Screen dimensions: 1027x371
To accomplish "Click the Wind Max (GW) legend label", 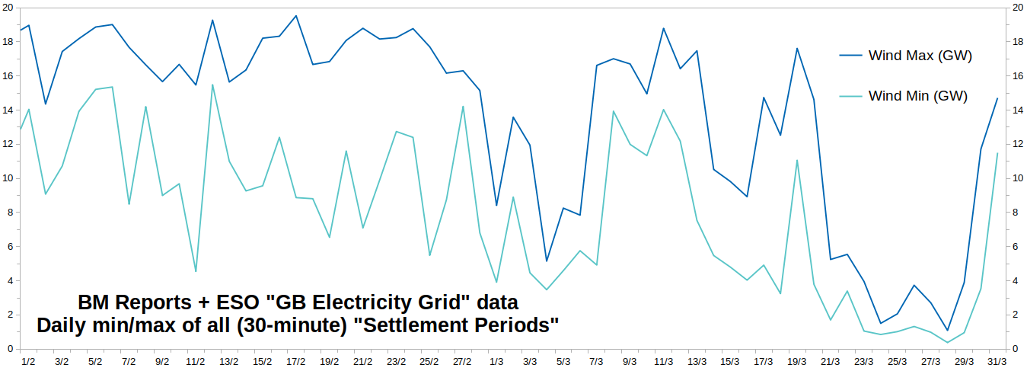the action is [920, 56].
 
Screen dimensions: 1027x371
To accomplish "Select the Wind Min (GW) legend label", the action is [918, 96].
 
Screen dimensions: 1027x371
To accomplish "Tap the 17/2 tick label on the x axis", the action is [295, 362].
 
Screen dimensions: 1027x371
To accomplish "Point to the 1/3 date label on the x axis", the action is [496, 362].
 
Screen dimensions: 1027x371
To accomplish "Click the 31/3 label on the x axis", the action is [997, 362].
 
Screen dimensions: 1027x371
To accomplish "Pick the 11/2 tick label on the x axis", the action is [196, 362].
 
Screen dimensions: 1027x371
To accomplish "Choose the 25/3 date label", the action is [897, 362].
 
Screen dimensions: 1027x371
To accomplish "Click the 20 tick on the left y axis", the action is [8, 8].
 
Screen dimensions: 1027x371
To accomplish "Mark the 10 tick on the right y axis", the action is [1017, 178].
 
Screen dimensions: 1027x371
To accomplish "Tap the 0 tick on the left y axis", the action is [11, 349].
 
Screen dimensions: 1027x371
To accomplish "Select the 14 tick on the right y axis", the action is [1017, 110].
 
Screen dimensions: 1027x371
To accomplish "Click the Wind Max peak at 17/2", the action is [295, 16].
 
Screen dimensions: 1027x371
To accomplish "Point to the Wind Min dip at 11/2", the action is [196, 271].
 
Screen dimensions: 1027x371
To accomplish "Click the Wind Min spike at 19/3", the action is [797, 161].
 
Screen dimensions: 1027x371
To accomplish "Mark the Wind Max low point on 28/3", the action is [947, 330].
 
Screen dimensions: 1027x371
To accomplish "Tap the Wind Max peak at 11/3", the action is [663, 28].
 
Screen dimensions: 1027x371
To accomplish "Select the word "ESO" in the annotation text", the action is [238, 302].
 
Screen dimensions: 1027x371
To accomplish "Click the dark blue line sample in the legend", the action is [851, 56].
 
